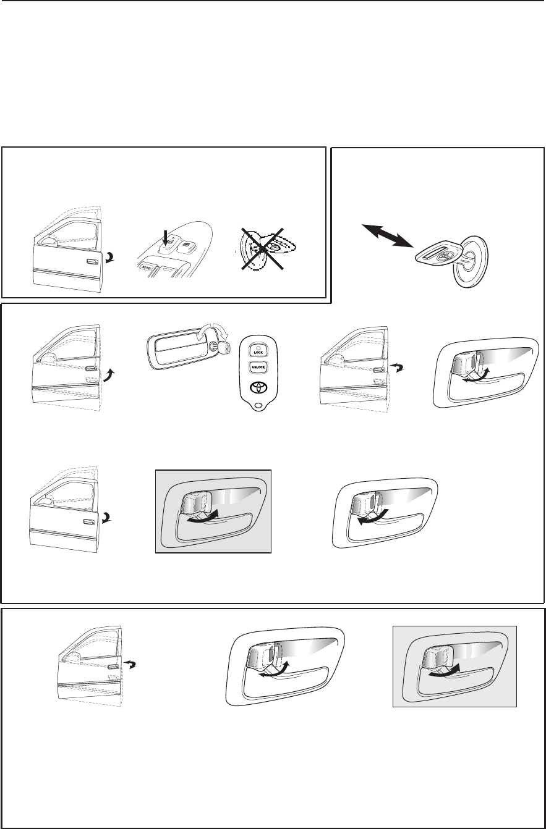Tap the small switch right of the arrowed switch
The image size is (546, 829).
(185, 245)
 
